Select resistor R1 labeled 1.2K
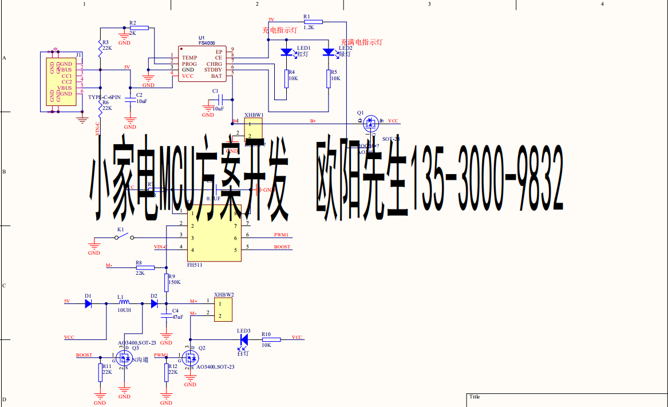coord(313,22)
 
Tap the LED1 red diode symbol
coord(287,52)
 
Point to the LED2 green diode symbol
coord(328,52)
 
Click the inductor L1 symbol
coord(124,303)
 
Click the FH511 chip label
coord(195,265)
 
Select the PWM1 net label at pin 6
coord(281,235)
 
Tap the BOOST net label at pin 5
coord(282,247)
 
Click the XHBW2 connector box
coord(224,309)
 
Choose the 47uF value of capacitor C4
coord(177,317)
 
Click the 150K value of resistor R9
coord(174,282)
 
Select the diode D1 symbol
coord(88,303)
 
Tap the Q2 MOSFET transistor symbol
coord(189,358)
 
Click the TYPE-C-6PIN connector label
coord(104,97)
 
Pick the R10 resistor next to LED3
coord(271,340)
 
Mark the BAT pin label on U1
coord(216,76)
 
